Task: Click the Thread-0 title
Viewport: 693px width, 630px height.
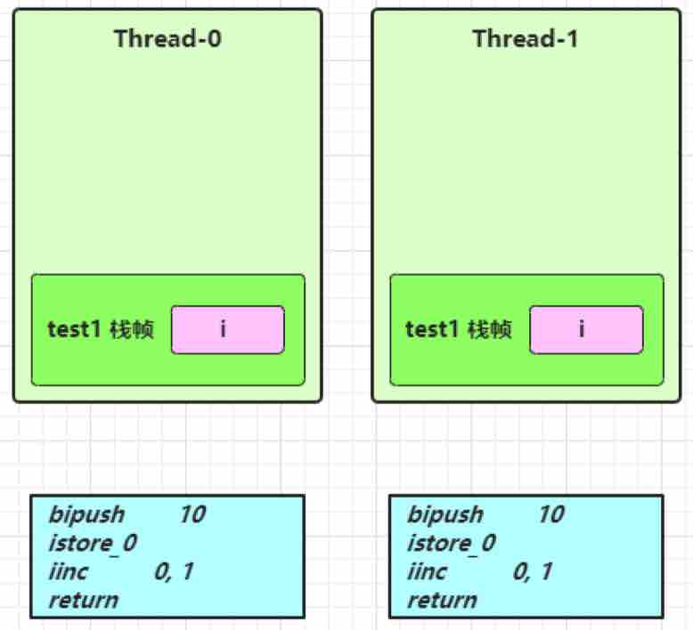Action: (x=167, y=38)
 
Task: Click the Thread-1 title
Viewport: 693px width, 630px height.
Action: (x=526, y=38)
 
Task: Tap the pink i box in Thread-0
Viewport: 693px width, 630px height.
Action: (x=228, y=330)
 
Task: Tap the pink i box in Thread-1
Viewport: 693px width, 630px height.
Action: (x=586, y=330)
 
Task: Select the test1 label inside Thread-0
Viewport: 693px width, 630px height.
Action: (x=74, y=329)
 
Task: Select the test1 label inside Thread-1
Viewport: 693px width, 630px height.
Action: (x=432, y=329)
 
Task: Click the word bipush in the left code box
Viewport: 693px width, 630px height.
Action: (x=86, y=515)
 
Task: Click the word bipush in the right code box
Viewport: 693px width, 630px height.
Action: (x=445, y=515)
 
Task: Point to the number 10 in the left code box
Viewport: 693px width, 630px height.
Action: (x=192, y=514)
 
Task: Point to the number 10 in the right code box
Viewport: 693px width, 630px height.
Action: (x=551, y=514)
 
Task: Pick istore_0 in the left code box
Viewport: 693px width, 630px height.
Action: (x=93, y=543)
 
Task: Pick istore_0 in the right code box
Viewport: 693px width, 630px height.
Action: (x=452, y=543)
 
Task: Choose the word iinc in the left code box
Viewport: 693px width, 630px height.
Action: (x=69, y=571)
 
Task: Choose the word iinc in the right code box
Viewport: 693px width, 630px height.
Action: (x=427, y=571)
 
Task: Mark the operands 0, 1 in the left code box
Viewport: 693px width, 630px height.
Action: (x=174, y=572)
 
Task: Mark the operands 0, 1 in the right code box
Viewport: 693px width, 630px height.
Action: (x=532, y=572)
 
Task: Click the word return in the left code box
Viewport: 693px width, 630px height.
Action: (x=84, y=601)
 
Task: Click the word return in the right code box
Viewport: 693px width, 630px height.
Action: (x=442, y=601)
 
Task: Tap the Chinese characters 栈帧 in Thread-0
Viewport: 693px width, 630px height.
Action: (x=132, y=329)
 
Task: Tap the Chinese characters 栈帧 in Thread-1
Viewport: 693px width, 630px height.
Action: (x=490, y=329)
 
